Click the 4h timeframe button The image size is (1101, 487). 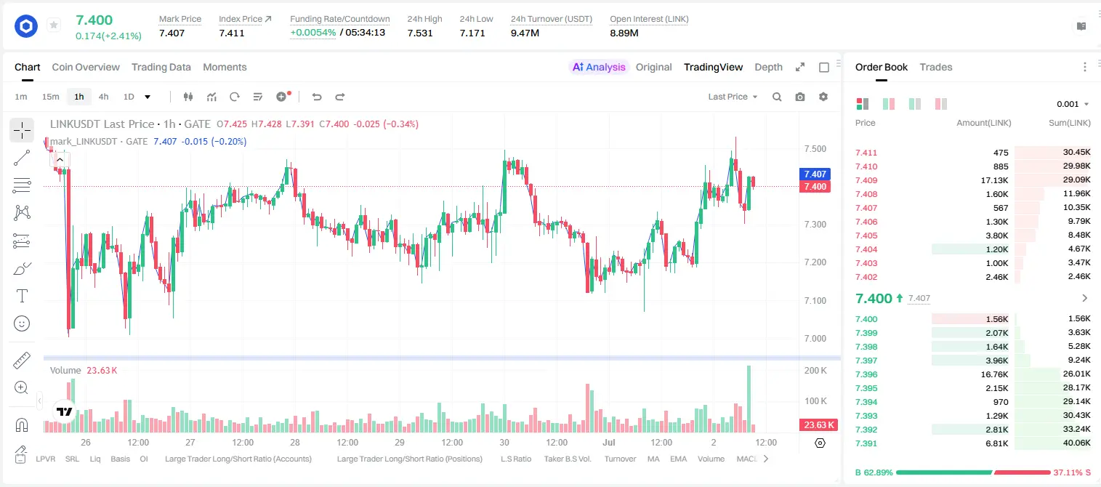103,97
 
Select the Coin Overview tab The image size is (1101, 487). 86,67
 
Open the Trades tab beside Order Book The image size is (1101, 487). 936,67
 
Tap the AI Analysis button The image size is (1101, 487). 599,67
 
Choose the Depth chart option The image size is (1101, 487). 768,67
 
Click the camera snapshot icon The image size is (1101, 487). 800,97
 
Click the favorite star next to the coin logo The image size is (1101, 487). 54,25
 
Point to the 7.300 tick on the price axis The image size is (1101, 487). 815,224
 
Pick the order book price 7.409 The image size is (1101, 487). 866,180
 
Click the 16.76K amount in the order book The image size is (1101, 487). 994,374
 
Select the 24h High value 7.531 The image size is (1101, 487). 420,33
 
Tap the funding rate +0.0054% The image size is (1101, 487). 313,33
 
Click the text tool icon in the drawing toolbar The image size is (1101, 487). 22,296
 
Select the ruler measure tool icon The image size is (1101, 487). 22,361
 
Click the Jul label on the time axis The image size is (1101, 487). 609,442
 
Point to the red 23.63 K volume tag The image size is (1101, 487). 818,424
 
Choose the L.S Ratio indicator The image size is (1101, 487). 515,459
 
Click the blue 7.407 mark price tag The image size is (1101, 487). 815,174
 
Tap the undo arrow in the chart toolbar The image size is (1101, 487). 317,97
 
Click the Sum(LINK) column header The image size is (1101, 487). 1070,123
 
